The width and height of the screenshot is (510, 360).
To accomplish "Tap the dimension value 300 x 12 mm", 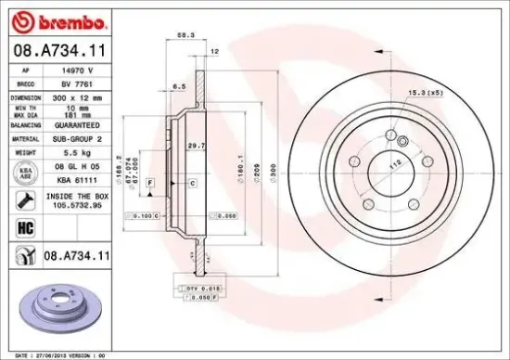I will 79,96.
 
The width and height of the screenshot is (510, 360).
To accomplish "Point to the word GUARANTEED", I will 79,123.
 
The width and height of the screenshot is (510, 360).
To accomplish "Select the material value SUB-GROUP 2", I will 77,137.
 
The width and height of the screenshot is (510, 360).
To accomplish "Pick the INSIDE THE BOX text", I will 77,197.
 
